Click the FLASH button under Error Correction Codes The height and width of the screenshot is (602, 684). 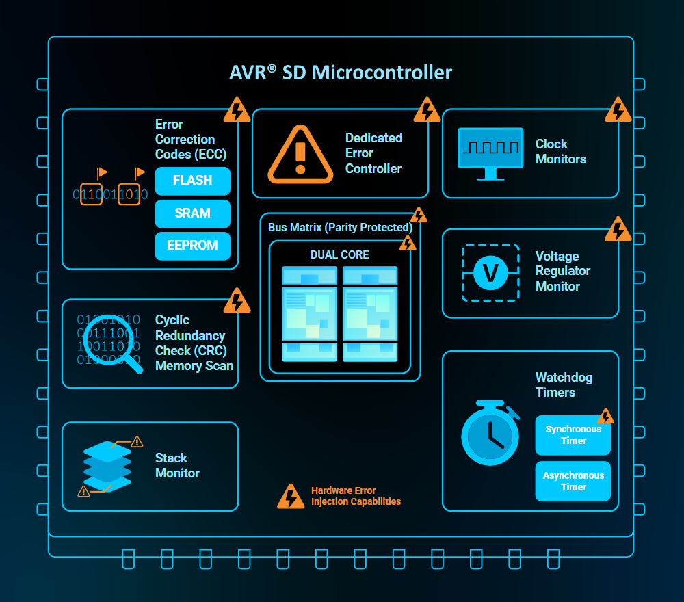click(x=192, y=181)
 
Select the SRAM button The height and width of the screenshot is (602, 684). click(x=192, y=213)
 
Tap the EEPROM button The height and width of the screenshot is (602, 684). click(x=192, y=246)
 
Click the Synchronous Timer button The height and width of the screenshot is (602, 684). click(x=573, y=435)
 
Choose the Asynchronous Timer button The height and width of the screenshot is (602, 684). click(x=573, y=482)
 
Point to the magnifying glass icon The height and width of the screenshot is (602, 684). click(x=110, y=346)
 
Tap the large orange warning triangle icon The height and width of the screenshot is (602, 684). click(x=300, y=154)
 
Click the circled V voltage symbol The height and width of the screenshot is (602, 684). click(x=490, y=272)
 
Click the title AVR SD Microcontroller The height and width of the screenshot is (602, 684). click(x=341, y=73)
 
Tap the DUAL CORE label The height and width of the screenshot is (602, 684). click(x=339, y=254)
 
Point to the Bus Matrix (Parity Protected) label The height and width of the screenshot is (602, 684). click(x=340, y=227)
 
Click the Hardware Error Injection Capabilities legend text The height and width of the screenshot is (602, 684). click(x=356, y=496)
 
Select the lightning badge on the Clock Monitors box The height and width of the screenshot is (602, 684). click(x=618, y=110)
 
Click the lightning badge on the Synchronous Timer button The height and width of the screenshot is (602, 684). click(x=605, y=417)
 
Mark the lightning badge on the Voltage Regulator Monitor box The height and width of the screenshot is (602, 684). click(x=618, y=230)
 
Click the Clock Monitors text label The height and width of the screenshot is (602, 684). click(x=561, y=152)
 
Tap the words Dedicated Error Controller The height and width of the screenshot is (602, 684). click(x=373, y=153)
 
